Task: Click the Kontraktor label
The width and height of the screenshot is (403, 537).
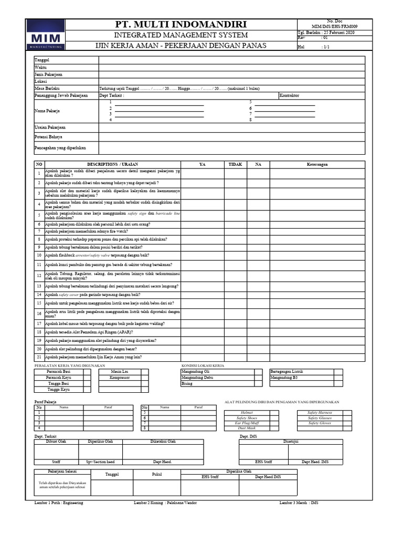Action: coord(290,96)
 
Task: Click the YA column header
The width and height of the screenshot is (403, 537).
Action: coord(203,164)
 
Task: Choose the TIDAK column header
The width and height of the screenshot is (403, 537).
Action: coord(236,164)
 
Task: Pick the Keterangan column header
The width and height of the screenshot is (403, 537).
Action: coord(317,164)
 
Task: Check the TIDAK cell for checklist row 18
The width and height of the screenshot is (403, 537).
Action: coord(236,332)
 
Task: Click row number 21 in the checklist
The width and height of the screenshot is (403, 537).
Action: coord(39,357)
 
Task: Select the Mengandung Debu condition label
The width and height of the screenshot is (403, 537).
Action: coord(197,377)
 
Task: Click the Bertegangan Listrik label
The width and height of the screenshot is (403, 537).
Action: coord(286,371)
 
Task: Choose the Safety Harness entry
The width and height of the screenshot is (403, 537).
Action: coord(320,413)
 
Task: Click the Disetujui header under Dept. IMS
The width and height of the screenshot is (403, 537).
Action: coord(291,442)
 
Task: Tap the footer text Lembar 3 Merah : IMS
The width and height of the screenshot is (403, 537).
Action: coord(299,503)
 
